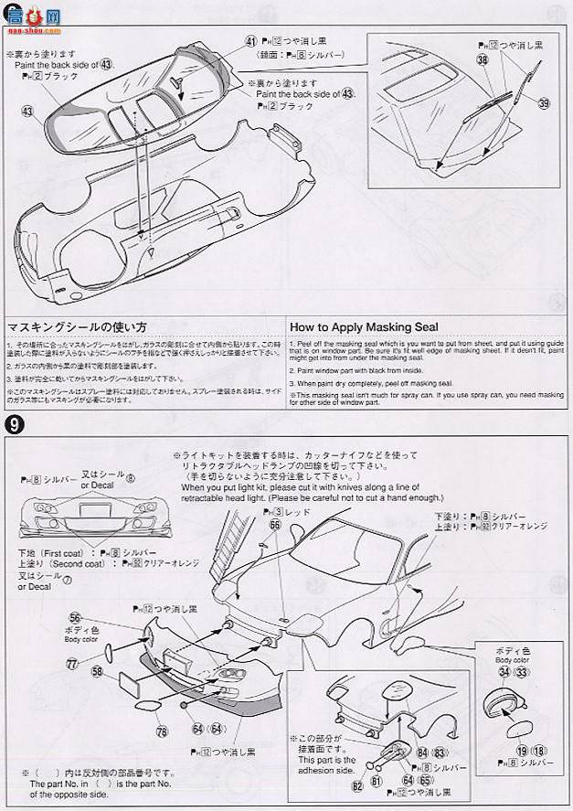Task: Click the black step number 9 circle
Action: pos(14,424)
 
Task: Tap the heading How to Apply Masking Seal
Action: pos(364,326)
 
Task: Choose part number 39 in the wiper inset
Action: pos(545,103)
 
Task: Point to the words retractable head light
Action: pos(222,498)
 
